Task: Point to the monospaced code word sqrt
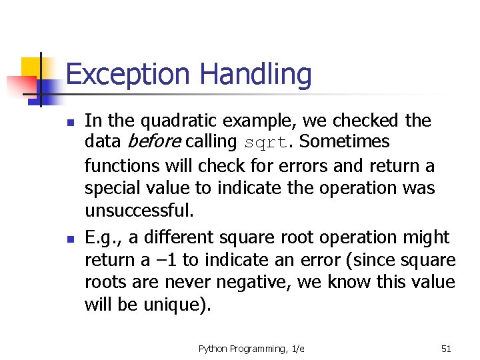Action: (x=266, y=143)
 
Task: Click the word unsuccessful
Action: (x=138, y=211)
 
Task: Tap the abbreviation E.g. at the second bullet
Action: (x=101, y=237)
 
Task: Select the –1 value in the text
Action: (x=172, y=259)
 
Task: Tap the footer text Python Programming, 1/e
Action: (x=251, y=348)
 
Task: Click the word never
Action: (x=185, y=282)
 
